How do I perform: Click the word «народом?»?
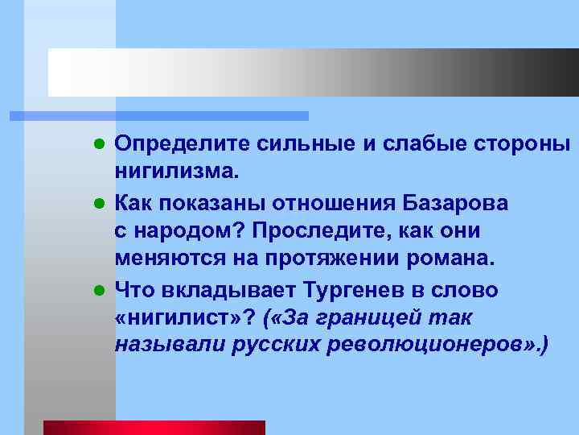[186, 230]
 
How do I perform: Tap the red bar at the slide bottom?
[154, 428]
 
